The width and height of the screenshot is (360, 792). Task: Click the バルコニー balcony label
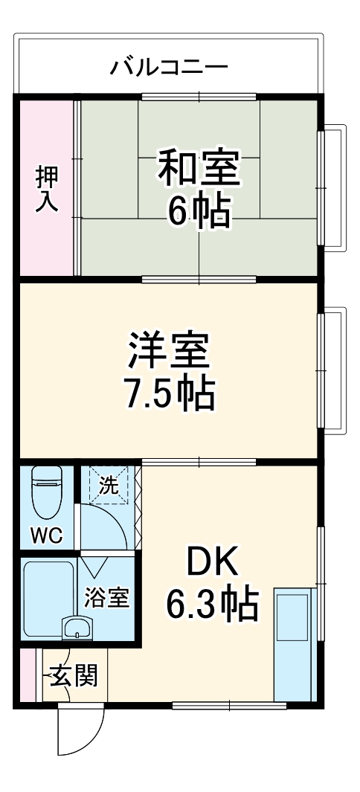170,68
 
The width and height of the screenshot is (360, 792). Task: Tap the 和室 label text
198,168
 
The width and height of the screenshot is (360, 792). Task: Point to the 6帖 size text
198,213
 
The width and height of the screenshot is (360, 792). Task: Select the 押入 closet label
47,190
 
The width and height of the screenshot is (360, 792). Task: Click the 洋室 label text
170,351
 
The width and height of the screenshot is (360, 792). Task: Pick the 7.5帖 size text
170,394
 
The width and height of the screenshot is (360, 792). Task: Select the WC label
46,535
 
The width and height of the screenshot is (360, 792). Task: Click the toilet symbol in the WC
47,495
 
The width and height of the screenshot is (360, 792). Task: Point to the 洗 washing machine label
109,487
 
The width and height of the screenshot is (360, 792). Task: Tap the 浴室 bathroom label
108,597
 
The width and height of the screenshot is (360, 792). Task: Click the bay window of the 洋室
332,370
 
